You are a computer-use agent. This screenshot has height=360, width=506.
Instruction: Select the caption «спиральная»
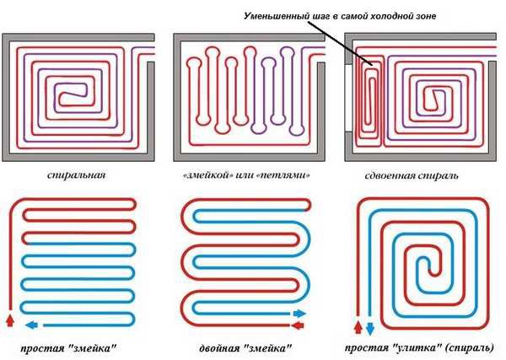(81, 176)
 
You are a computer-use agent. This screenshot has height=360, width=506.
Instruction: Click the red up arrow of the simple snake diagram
(11, 321)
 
